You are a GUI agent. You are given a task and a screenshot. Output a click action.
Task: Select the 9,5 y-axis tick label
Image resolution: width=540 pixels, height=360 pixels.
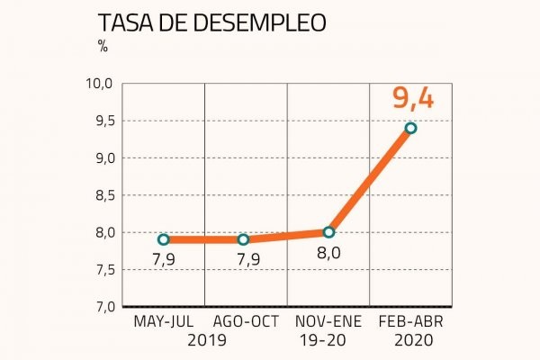[x=100, y=121]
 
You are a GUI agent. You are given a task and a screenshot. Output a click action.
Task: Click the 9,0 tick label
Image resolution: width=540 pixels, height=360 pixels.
[x=100, y=158]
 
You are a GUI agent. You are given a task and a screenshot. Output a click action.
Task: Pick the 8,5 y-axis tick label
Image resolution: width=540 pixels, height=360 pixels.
[x=100, y=195]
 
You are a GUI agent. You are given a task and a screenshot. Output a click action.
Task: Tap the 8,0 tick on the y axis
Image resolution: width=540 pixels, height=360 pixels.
[x=100, y=232]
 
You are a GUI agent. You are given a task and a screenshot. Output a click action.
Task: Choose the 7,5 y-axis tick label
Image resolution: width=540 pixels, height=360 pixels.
[x=100, y=270]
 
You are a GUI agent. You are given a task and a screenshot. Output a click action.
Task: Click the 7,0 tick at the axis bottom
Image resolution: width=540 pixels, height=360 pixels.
[x=100, y=307]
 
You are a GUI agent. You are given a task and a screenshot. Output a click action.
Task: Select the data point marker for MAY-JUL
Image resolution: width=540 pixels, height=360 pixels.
[x=163, y=239]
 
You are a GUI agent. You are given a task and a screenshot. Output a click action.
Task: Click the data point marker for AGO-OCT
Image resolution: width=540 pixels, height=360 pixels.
[x=244, y=239]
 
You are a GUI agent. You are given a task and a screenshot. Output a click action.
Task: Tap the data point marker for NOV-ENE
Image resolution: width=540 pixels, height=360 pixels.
[x=328, y=232]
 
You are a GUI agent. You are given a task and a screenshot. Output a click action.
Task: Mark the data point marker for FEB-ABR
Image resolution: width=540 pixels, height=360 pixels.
[x=410, y=128]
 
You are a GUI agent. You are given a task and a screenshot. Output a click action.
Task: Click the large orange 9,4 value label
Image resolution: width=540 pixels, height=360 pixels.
[x=413, y=97]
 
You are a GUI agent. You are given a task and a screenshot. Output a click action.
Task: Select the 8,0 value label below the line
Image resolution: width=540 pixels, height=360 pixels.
[x=329, y=254]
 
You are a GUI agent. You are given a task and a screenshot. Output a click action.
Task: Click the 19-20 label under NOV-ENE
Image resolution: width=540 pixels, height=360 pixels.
[x=328, y=341]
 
